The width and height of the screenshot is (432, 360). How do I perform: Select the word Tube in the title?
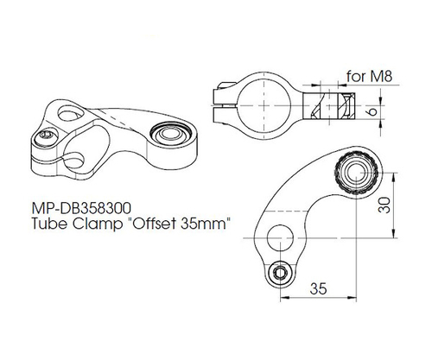point(51,224)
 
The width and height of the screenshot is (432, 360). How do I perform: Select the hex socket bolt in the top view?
point(280,273)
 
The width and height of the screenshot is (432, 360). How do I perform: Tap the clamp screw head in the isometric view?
point(46,136)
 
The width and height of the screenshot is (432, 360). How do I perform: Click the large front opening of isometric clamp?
point(89,141)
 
